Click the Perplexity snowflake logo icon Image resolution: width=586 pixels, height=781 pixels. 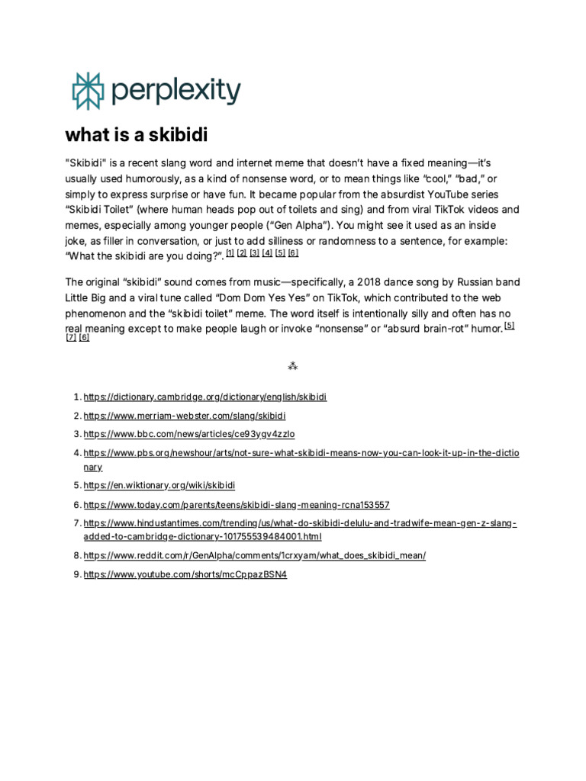[86, 92]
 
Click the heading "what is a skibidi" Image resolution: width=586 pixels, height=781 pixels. [137, 136]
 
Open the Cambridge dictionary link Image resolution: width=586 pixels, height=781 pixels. [204, 397]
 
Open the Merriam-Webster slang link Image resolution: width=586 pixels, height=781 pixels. [185, 416]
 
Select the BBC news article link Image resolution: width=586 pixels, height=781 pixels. [188, 434]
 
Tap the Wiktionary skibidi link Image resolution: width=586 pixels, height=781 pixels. [159, 485]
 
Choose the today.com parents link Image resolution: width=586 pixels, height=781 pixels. [237, 505]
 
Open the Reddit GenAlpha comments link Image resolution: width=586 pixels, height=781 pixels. [254, 555]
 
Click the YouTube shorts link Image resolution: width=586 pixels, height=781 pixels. [185, 574]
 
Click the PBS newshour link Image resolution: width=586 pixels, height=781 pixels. [301, 453]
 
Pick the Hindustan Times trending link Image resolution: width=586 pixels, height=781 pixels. [300, 523]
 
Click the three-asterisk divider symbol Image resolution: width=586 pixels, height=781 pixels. [292, 366]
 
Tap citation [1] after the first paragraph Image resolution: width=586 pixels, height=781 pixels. [230, 253]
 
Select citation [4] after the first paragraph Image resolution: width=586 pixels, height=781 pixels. [267, 253]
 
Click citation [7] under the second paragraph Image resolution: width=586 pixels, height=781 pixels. [71, 338]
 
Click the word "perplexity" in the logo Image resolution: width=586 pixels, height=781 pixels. [175, 92]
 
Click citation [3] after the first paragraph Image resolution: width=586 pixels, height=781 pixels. [255, 253]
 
